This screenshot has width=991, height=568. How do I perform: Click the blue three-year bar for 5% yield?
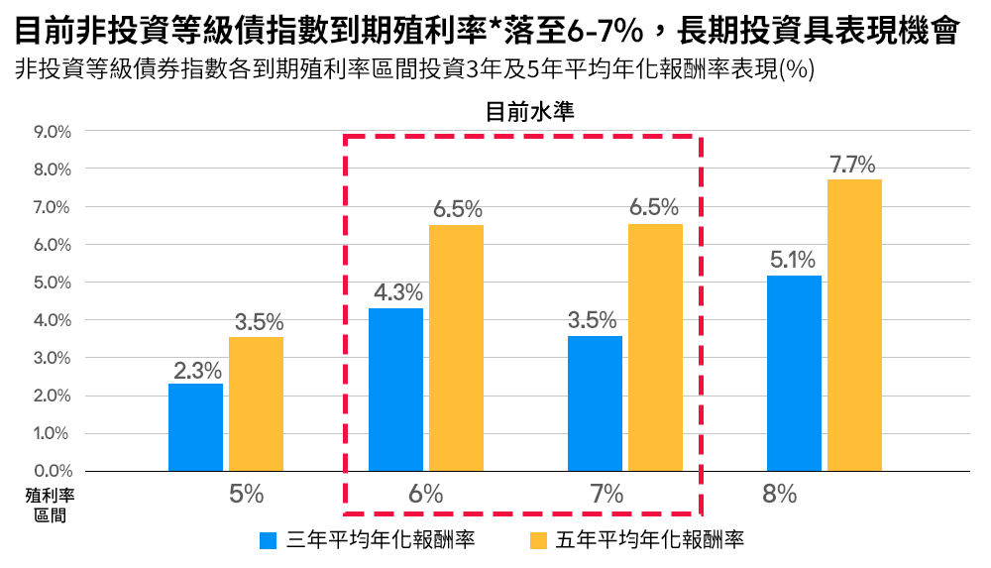pos(195,427)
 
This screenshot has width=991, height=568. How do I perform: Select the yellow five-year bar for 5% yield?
pos(256,404)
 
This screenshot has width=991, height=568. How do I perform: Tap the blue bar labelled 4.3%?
pos(395,390)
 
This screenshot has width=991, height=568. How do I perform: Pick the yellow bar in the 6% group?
pos(456,348)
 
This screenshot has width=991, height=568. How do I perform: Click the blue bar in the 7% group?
pos(595,403)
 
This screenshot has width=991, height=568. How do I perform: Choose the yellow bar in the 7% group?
pos(655,348)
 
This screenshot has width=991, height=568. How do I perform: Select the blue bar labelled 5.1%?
pos(795,373)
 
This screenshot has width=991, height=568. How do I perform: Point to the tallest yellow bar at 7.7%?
pos(854,325)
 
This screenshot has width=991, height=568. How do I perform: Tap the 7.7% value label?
pos(854,165)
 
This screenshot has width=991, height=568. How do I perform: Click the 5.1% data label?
pos(793,261)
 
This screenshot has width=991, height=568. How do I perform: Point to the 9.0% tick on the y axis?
pos(53,132)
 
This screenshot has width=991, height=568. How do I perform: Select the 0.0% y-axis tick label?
pos(53,471)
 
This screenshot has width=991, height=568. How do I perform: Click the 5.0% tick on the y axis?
pos(53,283)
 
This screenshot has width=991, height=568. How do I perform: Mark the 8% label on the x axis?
pos(780,494)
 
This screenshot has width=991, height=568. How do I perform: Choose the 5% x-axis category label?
pos(246,494)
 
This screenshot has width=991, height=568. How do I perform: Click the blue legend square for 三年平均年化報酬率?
pos(268,540)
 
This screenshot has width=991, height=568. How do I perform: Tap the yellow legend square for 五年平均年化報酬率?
pos(539,540)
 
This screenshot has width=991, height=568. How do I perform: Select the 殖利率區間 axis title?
pos(50,503)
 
